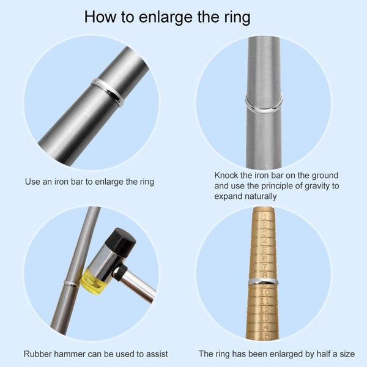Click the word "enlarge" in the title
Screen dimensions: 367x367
[x=166, y=17]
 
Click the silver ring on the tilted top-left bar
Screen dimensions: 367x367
[x=108, y=92]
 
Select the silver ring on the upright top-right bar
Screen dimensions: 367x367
[x=264, y=103]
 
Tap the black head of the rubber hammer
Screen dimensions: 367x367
[x=120, y=242]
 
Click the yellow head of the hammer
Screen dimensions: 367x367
[x=93, y=281]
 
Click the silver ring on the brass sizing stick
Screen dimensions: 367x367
[x=264, y=281]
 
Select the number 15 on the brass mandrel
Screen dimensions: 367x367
[x=264, y=336]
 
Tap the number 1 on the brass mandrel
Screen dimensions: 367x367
[x=265, y=217]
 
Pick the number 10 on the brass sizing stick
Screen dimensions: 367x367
[x=264, y=292]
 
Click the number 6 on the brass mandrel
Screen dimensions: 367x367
[x=265, y=259]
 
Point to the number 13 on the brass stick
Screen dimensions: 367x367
[x=264, y=318]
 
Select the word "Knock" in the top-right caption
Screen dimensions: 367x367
[x=226, y=176]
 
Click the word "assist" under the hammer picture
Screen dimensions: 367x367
[x=157, y=354]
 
